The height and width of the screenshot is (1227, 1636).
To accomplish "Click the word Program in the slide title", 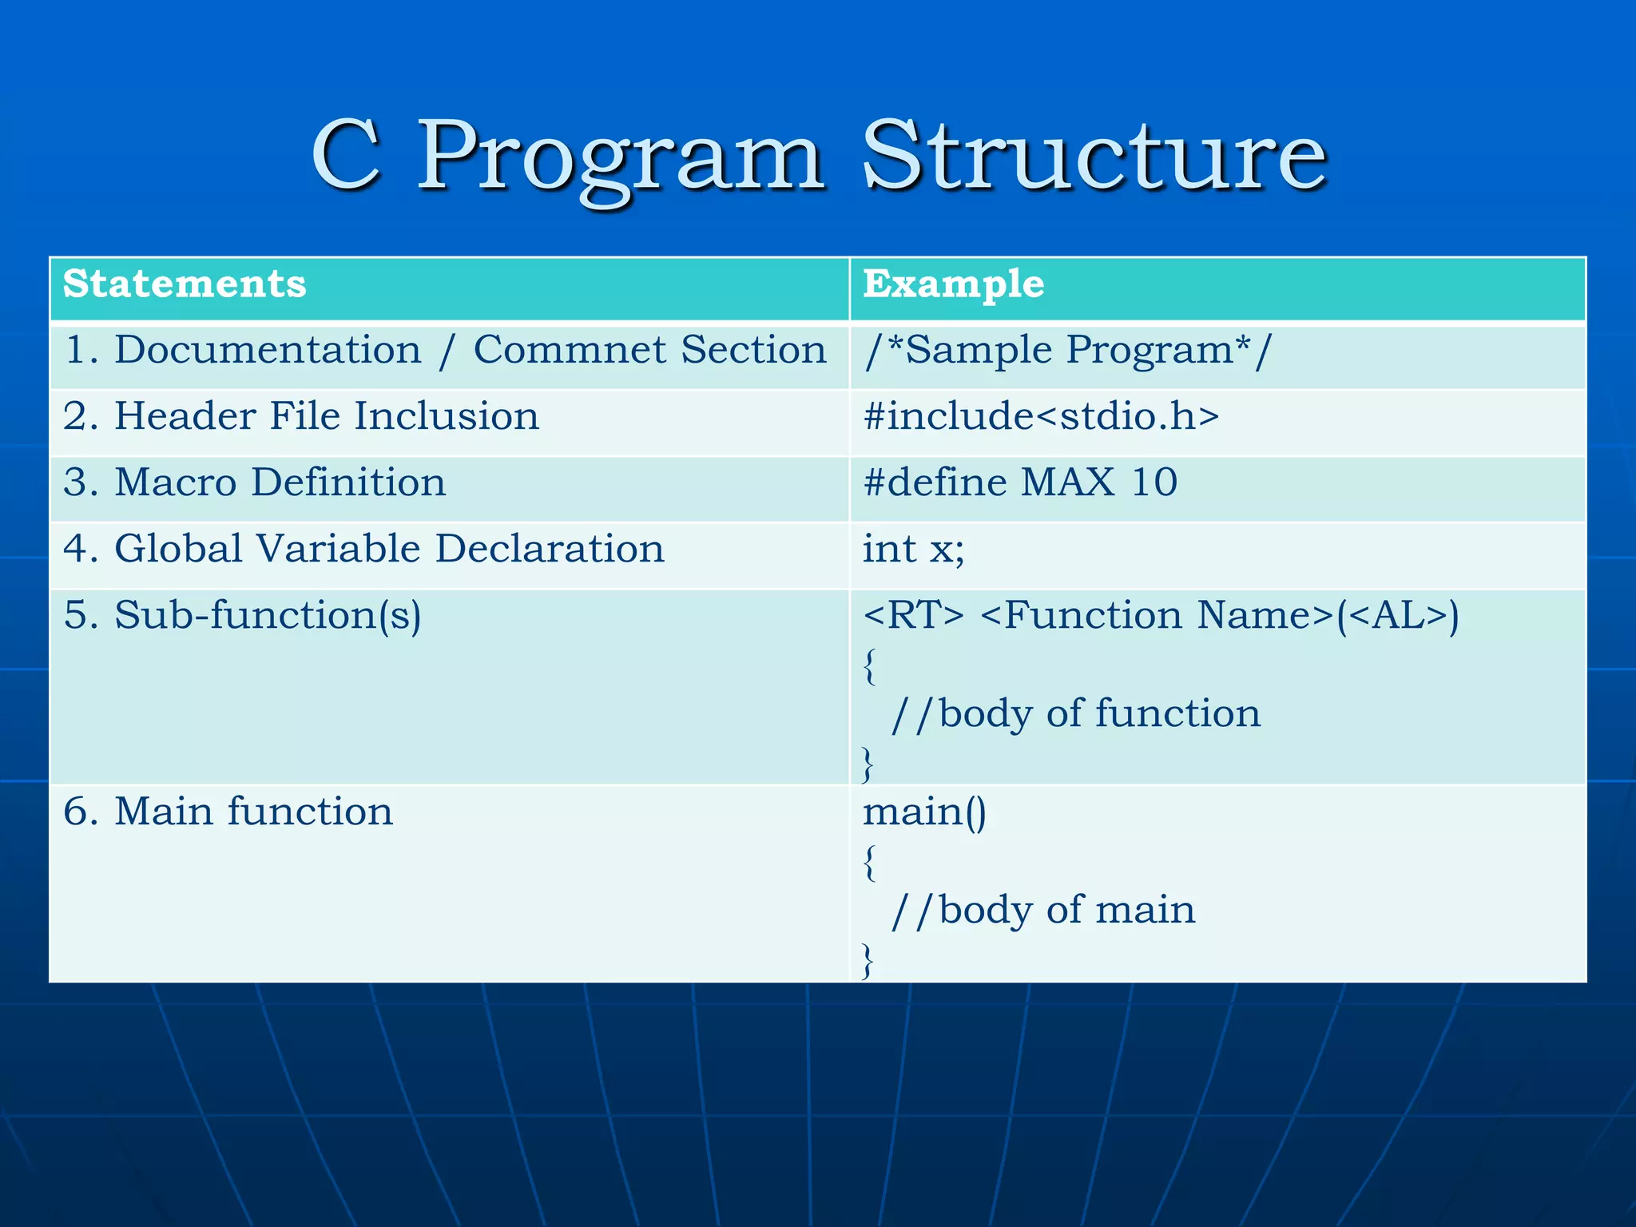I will pos(620,158).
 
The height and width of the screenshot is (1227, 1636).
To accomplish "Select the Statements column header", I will pos(185,284).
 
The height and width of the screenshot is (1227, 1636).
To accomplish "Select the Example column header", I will pos(953,284).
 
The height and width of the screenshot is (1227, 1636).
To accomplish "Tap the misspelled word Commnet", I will pos(569,351).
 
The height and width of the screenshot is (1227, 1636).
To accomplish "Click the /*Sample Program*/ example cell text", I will pos(1066,351).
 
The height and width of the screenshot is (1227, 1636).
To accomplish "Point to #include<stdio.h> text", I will pos(1041,417).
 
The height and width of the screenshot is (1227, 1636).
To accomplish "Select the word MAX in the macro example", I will pos(1067,482).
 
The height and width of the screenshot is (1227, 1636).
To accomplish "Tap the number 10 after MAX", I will pos(1154,482).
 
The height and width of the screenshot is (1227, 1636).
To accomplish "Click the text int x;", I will pos(913,550).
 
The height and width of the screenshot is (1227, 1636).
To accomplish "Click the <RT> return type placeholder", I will pos(913,616).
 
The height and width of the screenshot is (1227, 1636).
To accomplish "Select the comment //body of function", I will pos(1075,713).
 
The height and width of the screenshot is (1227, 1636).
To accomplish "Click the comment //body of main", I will pos(1042,910).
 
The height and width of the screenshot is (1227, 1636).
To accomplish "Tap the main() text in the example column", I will pos(924,812).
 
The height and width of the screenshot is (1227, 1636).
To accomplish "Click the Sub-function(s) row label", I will pos(242,616).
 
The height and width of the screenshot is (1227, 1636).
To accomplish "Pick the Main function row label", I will pos(228,812).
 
